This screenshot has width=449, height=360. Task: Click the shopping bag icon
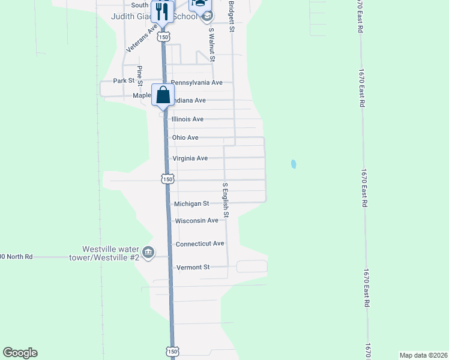click(x=163, y=95)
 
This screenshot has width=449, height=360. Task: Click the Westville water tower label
click(x=110, y=253)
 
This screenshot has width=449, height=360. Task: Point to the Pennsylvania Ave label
click(x=197, y=82)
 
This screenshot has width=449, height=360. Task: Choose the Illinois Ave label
click(x=187, y=119)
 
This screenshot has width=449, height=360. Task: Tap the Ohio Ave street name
click(x=185, y=138)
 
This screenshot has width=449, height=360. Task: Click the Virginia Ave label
click(x=190, y=158)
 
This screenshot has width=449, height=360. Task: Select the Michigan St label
click(x=191, y=204)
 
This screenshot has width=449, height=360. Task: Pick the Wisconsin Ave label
click(x=196, y=221)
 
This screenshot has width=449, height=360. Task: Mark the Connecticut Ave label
click(x=200, y=244)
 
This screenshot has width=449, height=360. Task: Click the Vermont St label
click(x=192, y=267)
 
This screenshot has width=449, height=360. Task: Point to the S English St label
click(x=226, y=200)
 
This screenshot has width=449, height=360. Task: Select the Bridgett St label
click(x=231, y=16)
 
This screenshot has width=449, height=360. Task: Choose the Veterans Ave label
click(x=142, y=37)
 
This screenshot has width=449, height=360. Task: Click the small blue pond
click(x=294, y=164)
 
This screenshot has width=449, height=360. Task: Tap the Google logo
click(x=20, y=353)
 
